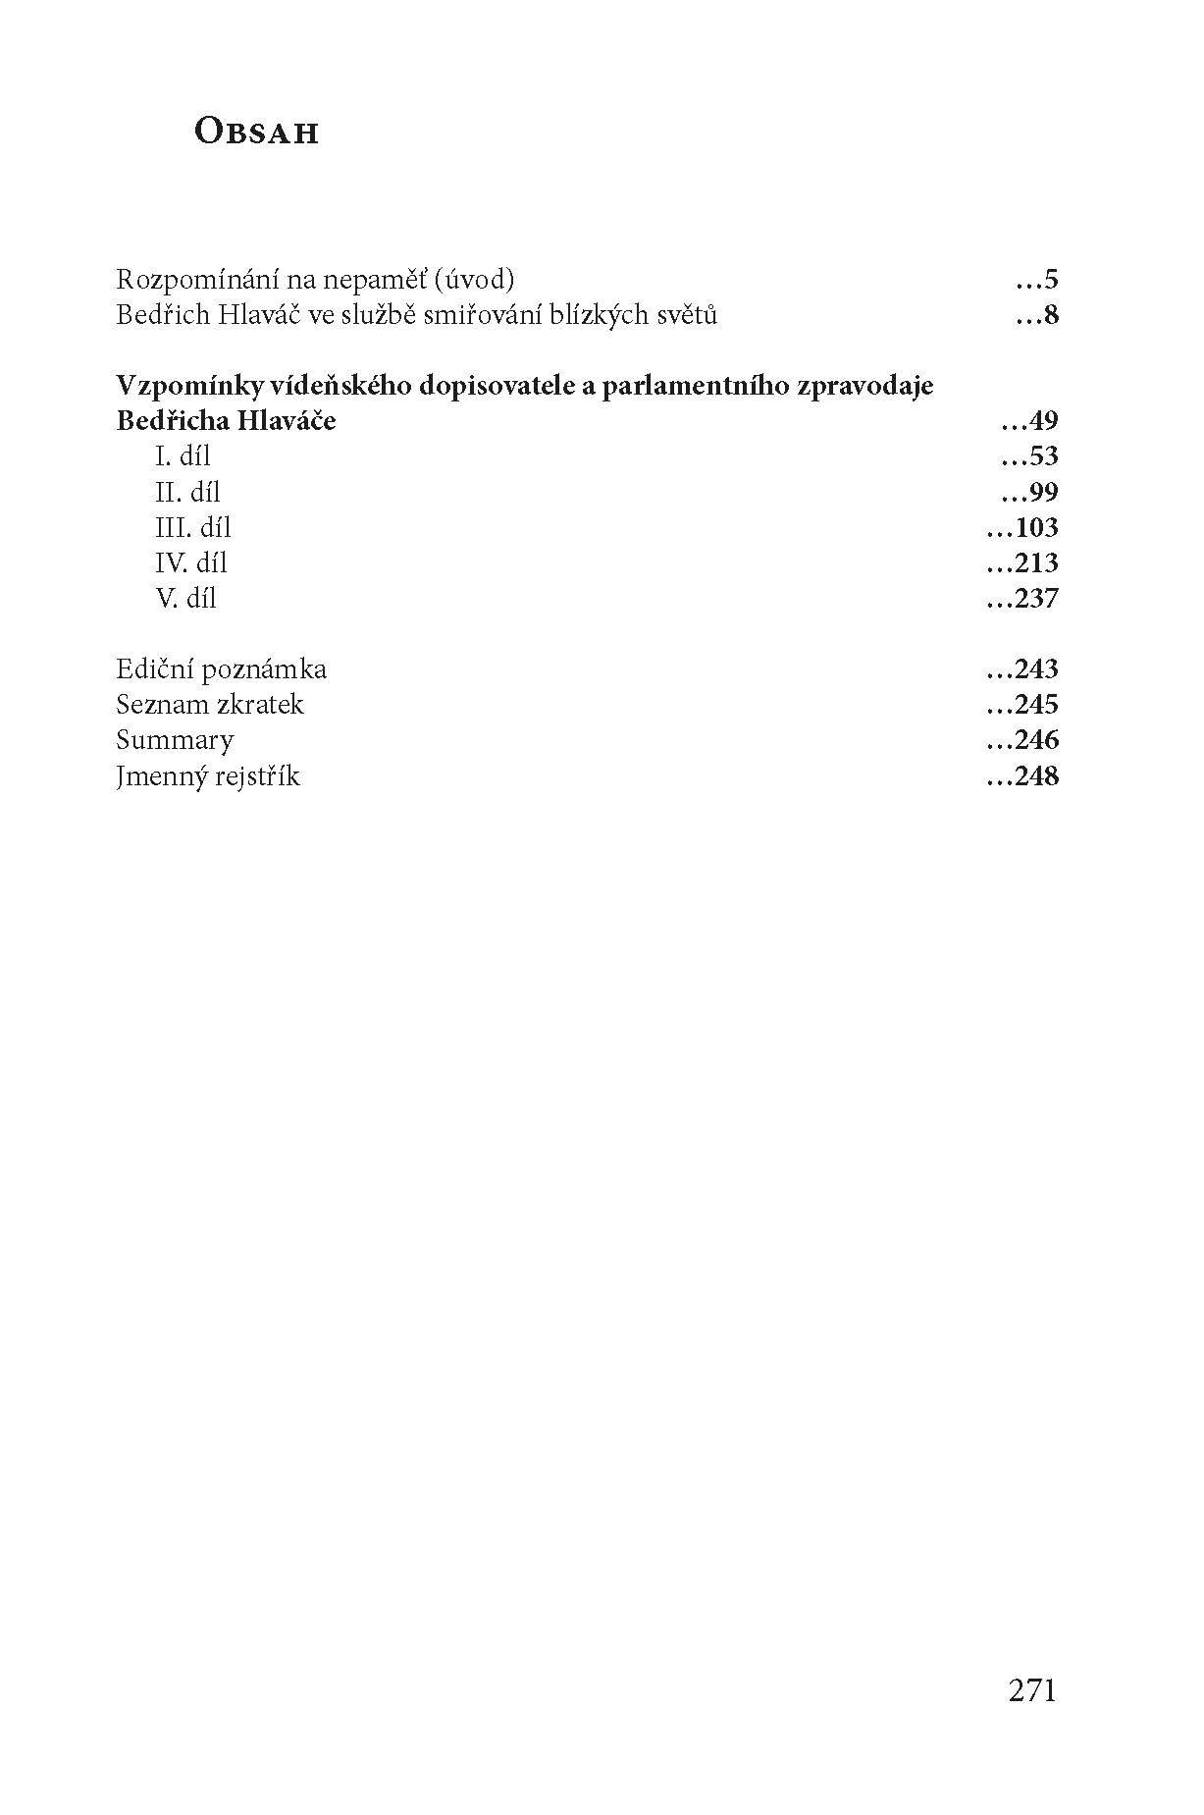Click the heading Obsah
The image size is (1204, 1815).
pyautogui.click(x=257, y=133)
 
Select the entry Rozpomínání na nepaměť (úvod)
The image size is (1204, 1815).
pyautogui.click(x=315, y=280)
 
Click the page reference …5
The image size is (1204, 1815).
pyautogui.click(x=1037, y=281)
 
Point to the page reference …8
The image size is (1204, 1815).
pyautogui.click(x=1037, y=316)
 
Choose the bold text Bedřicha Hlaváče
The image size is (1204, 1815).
pyautogui.click(x=226, y=421)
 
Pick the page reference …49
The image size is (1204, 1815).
pyautogui.click(x=1029, y=422)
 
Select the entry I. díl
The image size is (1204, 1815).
pyautogui.click(x=183, y=456)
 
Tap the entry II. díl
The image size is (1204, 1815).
pyautogui.click(x=187, y=492)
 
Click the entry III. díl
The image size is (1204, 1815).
pyautogui.click(x=193, y=527)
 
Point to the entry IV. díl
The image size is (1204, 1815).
pyautogui.click(x=191, y=562)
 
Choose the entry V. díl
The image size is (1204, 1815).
pyautogui.click(x=185, y=598)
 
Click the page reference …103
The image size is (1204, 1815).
pyautogui.click(x=1021, y=528)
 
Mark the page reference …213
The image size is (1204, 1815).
pyautogui.click(x=1021, y=563)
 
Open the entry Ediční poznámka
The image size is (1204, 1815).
pyautogui.click(x=221, y=669)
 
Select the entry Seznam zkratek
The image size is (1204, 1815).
pyautogui.click(x=210, y=705)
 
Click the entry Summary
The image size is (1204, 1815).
pyautogui.click(x=175, y=740)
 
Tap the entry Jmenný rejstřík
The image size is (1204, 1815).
pyautogui.click(x=208, y=776)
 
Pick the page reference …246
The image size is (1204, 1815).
pyautogui.click(x=1021, y=740)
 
